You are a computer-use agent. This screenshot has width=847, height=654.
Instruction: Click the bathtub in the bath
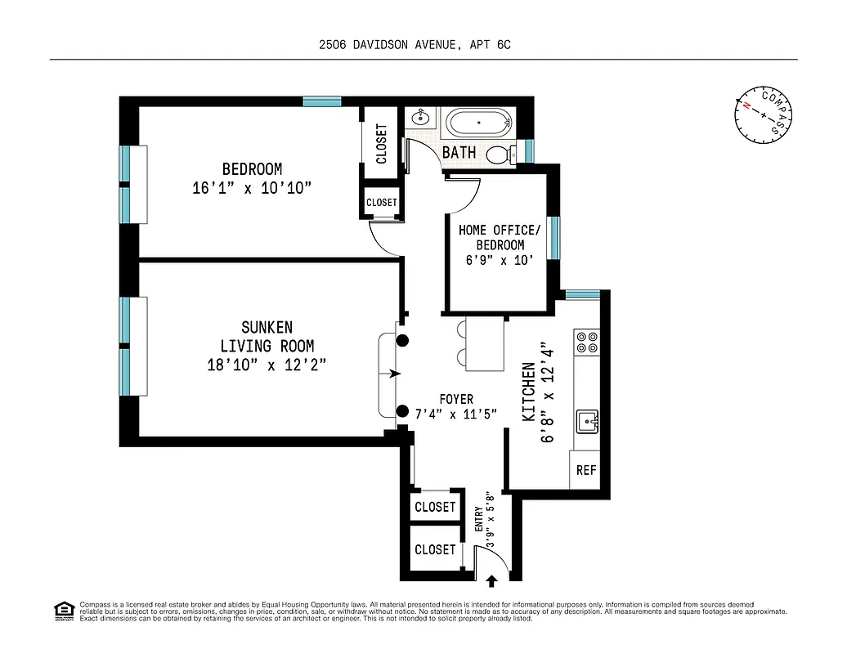tap(479, 125)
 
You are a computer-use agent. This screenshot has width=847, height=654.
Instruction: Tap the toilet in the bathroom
tap(500, 154)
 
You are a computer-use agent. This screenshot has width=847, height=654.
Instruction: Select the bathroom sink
tap(418, 117)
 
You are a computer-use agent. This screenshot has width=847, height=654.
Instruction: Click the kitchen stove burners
tap(587, 341)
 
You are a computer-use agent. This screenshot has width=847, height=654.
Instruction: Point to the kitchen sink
tap(587, 422)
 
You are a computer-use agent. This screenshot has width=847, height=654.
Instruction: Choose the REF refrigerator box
tap(585, 470)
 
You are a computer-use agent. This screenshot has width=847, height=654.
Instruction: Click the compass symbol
tap(764, 114)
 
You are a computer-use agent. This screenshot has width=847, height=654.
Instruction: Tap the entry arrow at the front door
tap(492, 581)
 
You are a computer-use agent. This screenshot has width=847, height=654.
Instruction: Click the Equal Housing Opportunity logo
tap(63, 610)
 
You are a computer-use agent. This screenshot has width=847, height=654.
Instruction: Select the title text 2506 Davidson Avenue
tap(415, 46)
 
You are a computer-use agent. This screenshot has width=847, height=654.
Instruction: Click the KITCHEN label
tap(529, 392)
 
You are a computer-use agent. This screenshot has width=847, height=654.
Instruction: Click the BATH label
tap(459, 152)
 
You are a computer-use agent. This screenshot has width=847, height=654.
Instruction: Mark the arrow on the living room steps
tap(396, 374)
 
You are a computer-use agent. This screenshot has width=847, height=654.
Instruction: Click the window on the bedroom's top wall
tap(321, 101)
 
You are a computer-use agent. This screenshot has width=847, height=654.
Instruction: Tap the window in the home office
tap(553, 237)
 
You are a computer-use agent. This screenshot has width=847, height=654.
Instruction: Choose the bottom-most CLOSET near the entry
tap(434, 549)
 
